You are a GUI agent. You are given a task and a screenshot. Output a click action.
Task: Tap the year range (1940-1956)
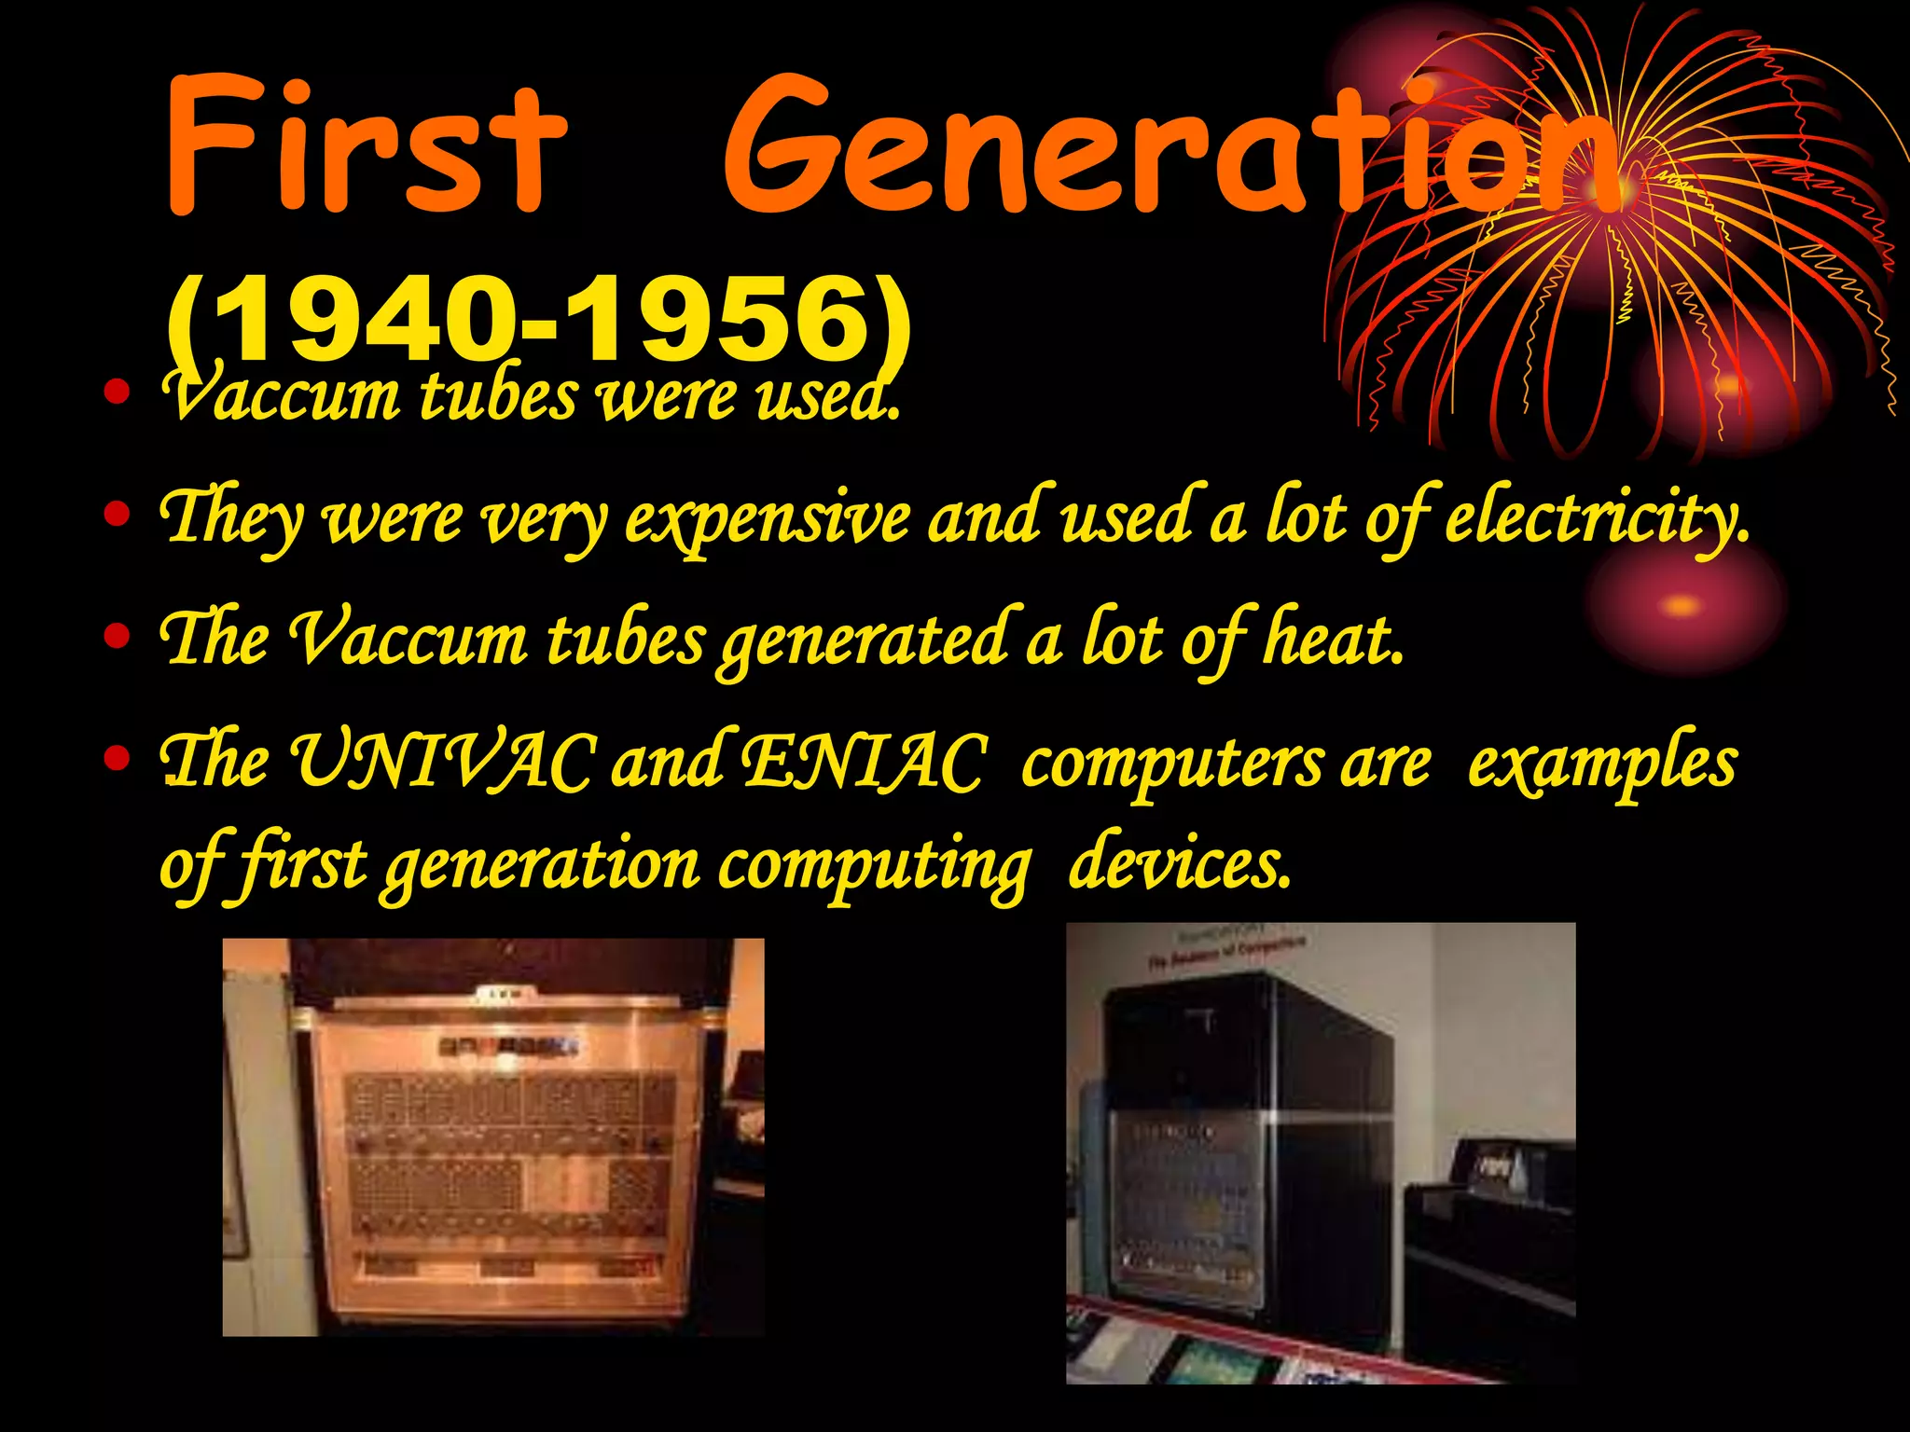click(538, 319)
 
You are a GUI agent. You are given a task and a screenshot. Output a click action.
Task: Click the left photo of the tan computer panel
click(492, 1136)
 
